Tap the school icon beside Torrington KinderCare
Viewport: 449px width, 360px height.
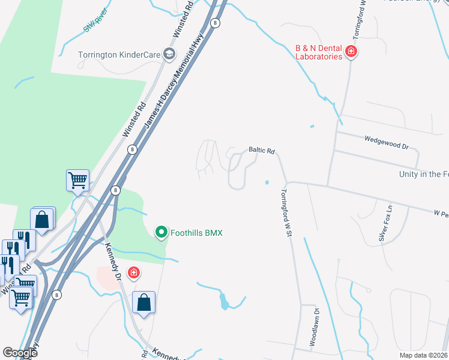169,55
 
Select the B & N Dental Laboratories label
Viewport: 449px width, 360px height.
319,52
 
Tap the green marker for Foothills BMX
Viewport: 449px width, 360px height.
161,232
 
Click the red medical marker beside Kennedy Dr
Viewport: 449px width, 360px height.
133,274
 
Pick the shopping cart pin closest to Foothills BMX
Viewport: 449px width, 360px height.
78,180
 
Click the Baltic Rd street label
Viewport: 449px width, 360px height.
262,151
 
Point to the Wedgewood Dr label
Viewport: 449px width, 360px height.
386,142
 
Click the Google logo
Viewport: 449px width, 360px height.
20,353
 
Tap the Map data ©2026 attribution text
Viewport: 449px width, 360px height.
423,355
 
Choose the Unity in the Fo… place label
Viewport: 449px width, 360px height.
424,174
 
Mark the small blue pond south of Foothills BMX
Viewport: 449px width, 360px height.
224,301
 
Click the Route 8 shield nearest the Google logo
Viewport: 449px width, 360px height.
56,295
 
